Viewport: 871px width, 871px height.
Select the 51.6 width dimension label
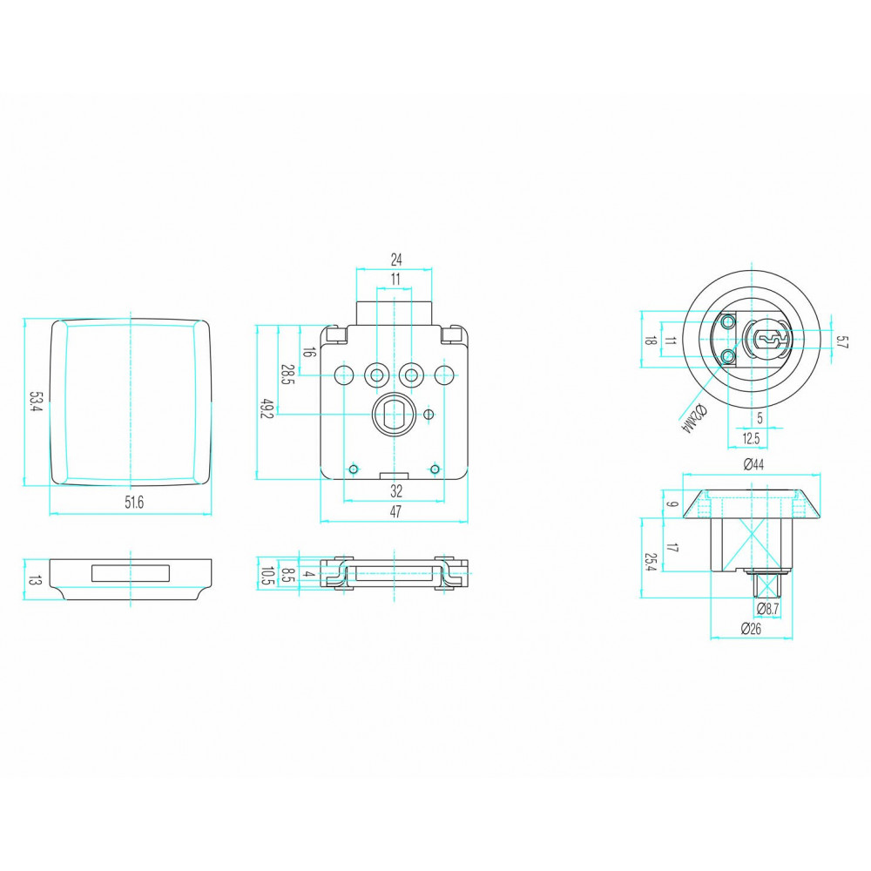click(134, 503)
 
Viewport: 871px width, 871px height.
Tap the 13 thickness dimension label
click(35, 581)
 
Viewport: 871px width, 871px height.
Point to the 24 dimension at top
click(396, 260)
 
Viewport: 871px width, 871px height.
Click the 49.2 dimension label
click(267, 408)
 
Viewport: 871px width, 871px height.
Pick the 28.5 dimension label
click(287, 375)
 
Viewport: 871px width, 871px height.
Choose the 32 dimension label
click(396, 491)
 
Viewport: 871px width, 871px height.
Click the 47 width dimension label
click(395, 511)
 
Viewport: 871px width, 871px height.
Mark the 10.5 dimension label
click(267, 576)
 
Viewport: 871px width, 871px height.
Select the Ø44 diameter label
click(753, 465)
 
